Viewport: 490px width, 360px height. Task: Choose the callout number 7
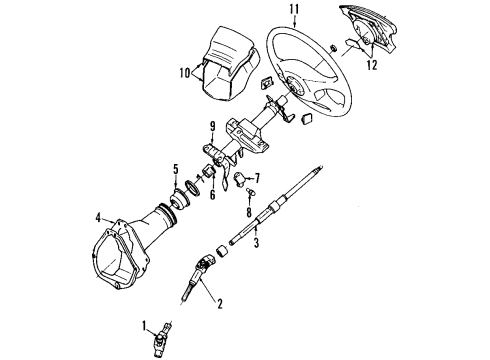[256, 178]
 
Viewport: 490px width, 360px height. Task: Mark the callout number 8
[247, 212]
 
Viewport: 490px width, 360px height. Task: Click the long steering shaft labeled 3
[280, 220]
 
